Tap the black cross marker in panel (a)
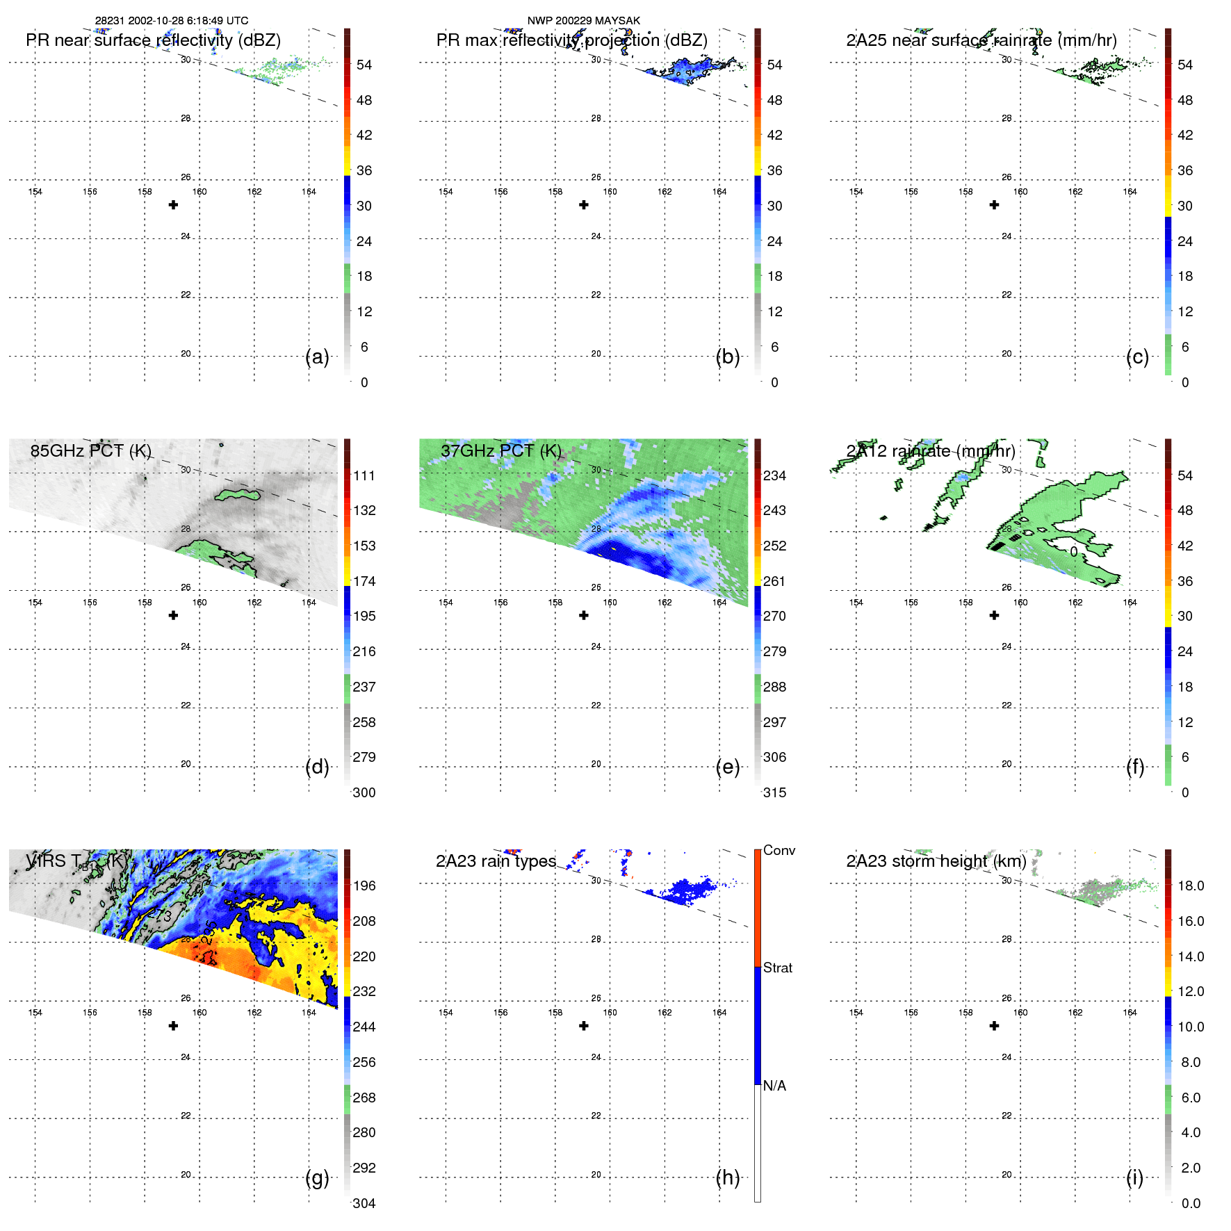click(x=173, y=204)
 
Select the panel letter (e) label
click(x=727, y=767)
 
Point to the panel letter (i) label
click(x=1134, y=1177)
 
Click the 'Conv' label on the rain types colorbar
click(x=778, y=850)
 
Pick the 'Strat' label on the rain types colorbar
click(x=777, y=968)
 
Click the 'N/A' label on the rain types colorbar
click(x=774, y=1086)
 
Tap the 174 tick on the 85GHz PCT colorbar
click(x=364, y=581)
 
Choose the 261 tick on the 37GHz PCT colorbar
click(x=774, y=581)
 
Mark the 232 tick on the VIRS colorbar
click(x=364, y=991)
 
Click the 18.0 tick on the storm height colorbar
click(x=1190, y=886)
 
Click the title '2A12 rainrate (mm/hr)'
click(x=931, y=451)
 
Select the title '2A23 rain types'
click(x=496, y=861)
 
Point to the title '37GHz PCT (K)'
click(x=500, y=451)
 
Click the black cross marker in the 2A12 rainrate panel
click(x=994, y=615)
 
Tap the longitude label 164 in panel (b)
click(x=719, y=192)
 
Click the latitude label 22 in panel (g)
click(x=186, y=1116)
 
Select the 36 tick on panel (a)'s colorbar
click(x=364, y=170)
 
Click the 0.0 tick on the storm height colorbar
click(x=1190, y=1203)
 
